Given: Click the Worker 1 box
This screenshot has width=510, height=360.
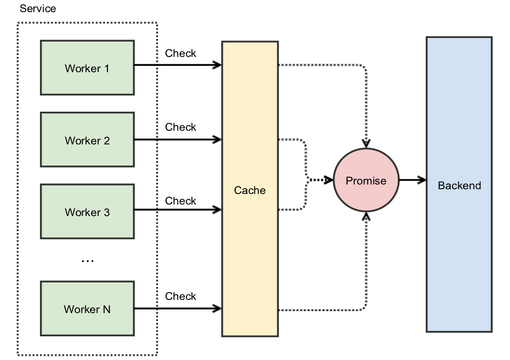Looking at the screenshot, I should coord(87,68).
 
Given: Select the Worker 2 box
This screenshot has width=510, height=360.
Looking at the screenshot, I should coord(87,140).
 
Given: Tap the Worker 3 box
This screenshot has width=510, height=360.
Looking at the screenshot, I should coord(87,212).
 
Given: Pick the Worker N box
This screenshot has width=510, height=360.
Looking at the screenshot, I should coord(87,309).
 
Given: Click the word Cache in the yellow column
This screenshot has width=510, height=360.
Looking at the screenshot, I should coord(250,190).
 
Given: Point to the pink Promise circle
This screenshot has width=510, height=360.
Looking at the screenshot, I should coord(366,181).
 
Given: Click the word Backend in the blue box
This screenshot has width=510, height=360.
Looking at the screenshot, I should coord(459,186).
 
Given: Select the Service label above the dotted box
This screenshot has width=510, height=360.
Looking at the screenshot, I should coord(37,9).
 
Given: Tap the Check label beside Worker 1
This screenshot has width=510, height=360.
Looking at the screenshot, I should coord(180,53).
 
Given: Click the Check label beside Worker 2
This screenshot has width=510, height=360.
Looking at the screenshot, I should coord(180,127).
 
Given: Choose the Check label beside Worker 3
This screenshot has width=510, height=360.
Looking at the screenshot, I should coord(180,201).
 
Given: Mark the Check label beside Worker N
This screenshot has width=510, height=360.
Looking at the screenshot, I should coord(180,296).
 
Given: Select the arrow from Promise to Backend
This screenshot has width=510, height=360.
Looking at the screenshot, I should coord(412,181).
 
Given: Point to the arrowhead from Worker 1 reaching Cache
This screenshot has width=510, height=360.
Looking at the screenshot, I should coord(217,65).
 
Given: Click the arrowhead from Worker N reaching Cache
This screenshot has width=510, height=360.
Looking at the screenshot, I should coord(217,308).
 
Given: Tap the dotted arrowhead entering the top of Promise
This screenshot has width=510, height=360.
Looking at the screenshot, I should coord(366,143).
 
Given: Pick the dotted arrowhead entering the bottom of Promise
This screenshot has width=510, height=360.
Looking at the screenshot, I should coord(366,217).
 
